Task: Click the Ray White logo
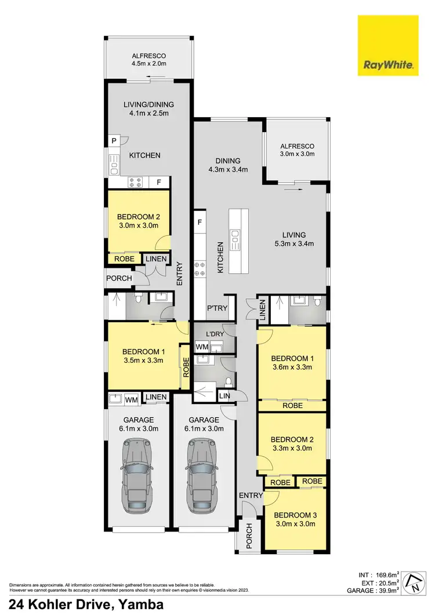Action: point(388,46)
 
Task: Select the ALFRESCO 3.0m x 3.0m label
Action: point(297,150)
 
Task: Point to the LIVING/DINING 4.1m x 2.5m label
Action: point(148,109)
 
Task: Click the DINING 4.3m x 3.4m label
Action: point(227,165)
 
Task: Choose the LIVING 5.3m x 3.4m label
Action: point(294,239)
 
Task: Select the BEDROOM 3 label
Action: point(295,519)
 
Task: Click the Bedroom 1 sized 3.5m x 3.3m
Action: point(143,355)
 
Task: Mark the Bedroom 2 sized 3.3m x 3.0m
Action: point(292,443)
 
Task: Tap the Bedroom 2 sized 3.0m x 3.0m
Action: point(138,221)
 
